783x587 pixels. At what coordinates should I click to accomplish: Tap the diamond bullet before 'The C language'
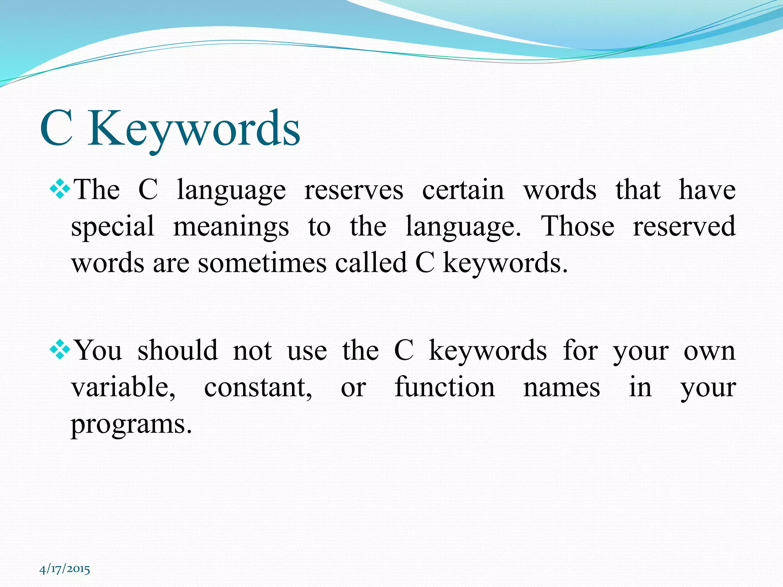point(60,190)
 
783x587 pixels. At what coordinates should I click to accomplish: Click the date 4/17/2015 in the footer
point(65,569)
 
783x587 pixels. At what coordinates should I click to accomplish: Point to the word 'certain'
point(463,190)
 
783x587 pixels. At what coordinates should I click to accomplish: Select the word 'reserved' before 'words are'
point(684,226)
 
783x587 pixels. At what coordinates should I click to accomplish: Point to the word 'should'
point(178,350)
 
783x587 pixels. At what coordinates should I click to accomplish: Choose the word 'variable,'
point(123,387)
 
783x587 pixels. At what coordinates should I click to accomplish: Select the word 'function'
point(445,387)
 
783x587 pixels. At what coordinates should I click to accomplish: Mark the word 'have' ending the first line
point(707,190)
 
